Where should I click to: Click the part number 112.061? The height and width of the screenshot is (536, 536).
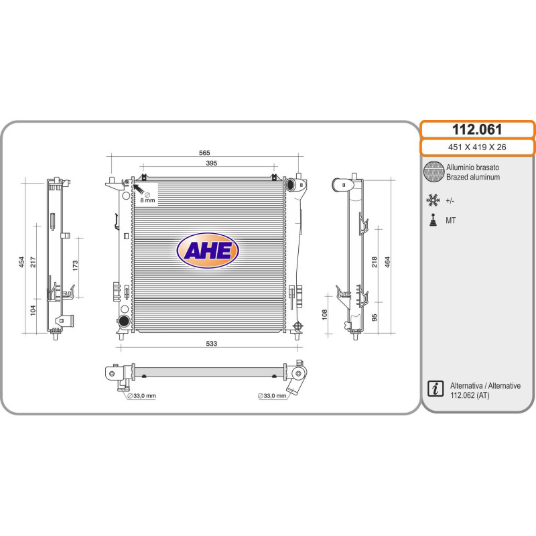point(477,129)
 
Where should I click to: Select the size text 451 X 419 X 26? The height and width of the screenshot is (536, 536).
point(477,147)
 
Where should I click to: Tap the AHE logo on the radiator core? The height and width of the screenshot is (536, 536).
point(208,251)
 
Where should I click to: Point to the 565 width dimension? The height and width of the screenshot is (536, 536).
point(204,153)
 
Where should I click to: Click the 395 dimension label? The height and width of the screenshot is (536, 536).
point(211,163)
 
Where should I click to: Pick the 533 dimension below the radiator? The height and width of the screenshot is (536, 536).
point(211,344)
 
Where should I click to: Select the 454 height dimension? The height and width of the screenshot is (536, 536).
point(21,262)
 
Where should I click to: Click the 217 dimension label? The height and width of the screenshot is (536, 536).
point(33,262)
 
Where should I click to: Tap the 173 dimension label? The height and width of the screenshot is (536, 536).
point(75,265)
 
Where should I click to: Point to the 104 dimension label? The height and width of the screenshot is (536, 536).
point(33,310)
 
